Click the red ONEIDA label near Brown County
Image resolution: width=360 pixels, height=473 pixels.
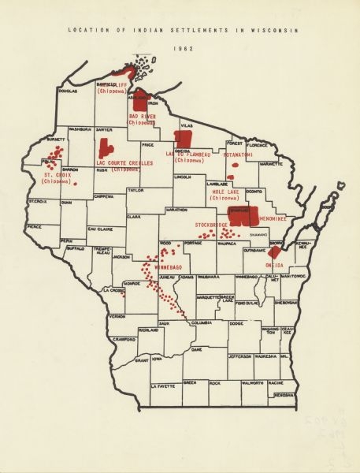(x=274, y=266)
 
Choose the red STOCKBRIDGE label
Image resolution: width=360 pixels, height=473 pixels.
(x=211, y=225)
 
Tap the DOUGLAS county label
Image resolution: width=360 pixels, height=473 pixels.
(x=68, y=91)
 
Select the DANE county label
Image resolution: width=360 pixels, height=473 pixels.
(x=197, y=348)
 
